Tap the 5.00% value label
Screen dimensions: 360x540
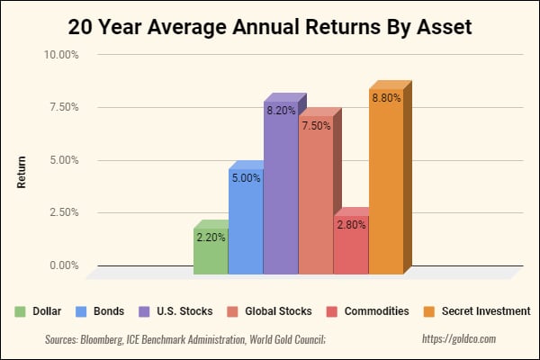point(246,178)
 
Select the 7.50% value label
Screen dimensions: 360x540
point(316,126)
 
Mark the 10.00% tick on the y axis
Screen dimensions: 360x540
point(61,55)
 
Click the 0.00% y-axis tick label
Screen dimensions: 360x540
point(64,265)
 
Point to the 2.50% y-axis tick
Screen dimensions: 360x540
point(64,213)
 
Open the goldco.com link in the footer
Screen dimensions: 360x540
point(458,339)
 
